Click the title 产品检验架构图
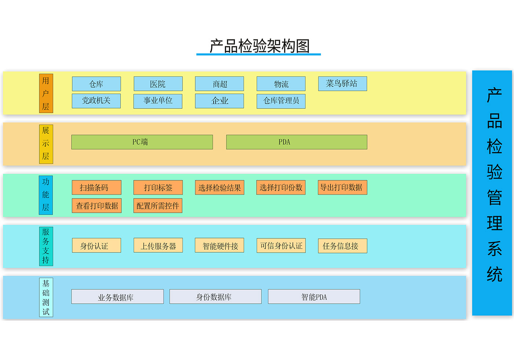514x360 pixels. point(259,46)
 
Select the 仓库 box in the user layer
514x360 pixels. point(96,84)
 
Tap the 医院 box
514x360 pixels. point(158,84)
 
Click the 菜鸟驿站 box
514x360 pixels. point(342,84)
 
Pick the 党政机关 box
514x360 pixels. point(96,101)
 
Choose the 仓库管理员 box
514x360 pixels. point(281,101)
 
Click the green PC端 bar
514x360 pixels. point(142,142)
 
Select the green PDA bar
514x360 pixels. point(296,142)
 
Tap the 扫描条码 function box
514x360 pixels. point(96,187)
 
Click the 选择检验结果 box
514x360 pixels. point(219,187)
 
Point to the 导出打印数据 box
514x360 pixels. point(342,187)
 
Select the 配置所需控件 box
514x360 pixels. point(158,206)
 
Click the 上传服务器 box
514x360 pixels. point(158,246)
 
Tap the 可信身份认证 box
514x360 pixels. point(281,246)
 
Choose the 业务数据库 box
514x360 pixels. point(117,297)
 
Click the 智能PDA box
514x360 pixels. point(314,297)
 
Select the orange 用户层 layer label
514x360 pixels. point(46,93)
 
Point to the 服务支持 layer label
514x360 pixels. point(46,246)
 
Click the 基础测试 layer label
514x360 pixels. point(46,297)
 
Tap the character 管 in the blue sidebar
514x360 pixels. point(494,198)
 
